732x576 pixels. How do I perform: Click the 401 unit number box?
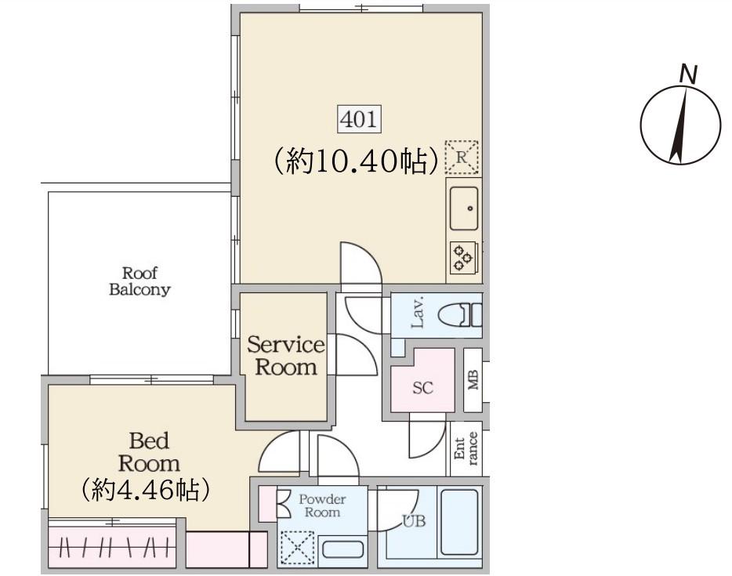click(359, 119)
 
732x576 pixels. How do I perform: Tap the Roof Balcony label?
click(140, 281)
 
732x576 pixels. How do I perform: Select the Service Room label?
click(286, 356)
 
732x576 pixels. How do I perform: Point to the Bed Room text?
click(149, 452)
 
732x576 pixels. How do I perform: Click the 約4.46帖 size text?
click(145, 490)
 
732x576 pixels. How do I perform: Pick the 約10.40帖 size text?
click(356, 161)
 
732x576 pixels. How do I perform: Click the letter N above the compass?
click(688, 74)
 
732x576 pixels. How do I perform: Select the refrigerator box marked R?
click(462, 157)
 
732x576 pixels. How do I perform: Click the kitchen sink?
click(463, 208)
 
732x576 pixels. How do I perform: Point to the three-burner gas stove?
click(463, 257)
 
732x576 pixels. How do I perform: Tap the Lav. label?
click(418, 311)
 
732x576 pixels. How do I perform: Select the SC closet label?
click(422, 387)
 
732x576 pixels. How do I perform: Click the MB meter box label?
click(473, 380)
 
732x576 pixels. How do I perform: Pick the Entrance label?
click(466, 448)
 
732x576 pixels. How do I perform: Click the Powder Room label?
click(322, 505)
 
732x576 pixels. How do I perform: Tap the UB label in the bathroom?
click(414, 520)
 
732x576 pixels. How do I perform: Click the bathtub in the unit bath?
click(459, 521)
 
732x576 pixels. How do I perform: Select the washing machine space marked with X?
click(297, 548)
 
